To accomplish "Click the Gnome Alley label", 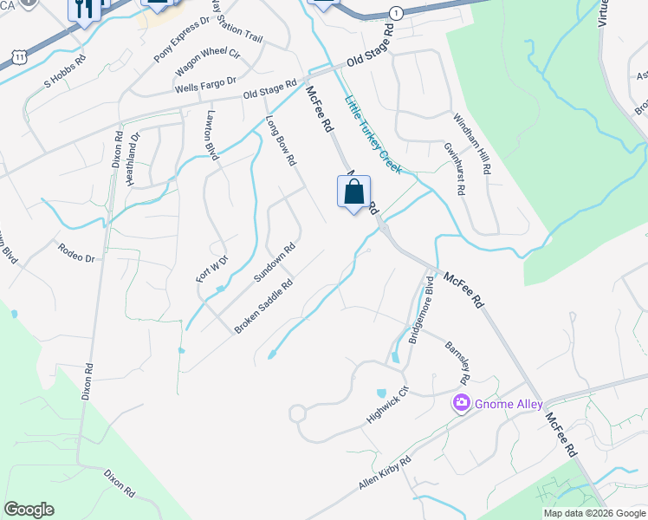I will pos(508,404).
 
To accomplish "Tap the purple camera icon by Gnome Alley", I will pos(461,404).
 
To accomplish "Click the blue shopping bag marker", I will pos(353,192).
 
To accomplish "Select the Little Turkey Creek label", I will pos(373,133).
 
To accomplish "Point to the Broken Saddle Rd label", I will pos(262,307).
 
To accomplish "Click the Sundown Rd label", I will pos(275,262).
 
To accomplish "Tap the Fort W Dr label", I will pos(211,268).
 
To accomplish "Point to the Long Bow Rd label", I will pos(282,140).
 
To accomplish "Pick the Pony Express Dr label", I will pos(182,38).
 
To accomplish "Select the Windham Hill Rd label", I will pos(473,144).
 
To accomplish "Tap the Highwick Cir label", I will pos(386,405).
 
